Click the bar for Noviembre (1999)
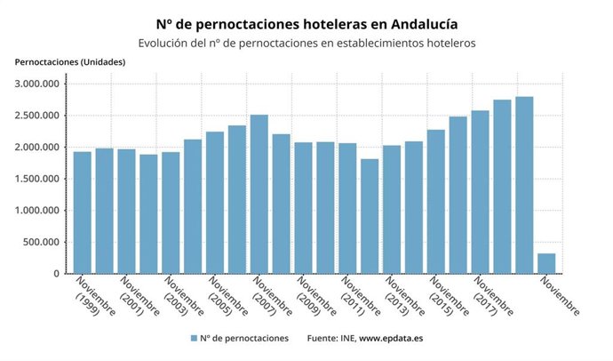coord(83,213)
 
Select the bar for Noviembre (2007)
coord(259,204)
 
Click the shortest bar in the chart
coord(546,264)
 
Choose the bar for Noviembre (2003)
coord(171,213)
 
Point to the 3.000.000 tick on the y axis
coord(38,84)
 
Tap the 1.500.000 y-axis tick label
coord(38,179)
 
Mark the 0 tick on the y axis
coord(56,274)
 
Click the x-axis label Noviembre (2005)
coord(227,297)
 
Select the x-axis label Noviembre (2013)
coord(404,297)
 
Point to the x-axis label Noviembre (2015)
coord(449,297)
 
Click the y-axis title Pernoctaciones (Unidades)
coord(70,61)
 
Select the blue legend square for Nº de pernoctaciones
coord(193,339)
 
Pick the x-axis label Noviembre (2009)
coord(316,297)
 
